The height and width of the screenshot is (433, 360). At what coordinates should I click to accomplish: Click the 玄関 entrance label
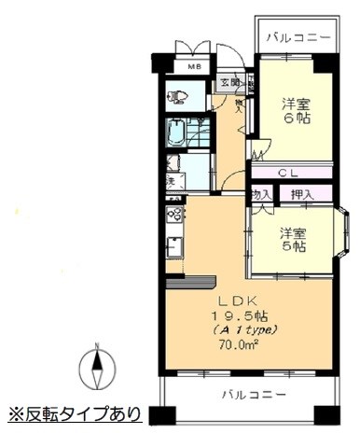pyautogui.click(x=228, y=83)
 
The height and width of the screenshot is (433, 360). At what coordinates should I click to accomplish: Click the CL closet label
pyautogui.click(x=288, y=173)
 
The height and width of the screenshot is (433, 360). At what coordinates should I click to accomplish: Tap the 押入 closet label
pyautogui.click(x=301, y=194)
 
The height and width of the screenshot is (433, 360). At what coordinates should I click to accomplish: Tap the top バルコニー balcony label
pyautogui.click(x=298, y=38)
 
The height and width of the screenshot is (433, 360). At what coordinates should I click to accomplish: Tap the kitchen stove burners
pyautogui.click(x=173, y=215)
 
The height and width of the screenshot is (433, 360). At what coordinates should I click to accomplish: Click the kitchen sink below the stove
pyautogui.click(x=173, y=247)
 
